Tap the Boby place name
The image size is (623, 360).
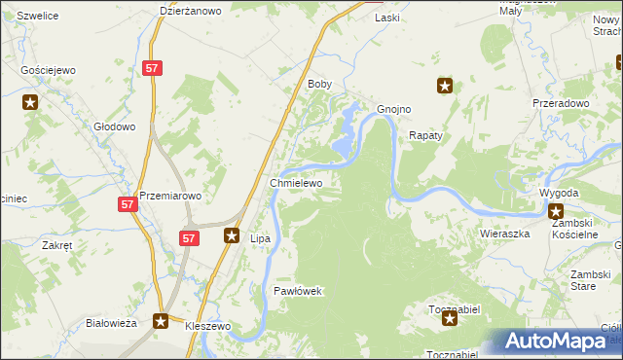click(x=320, y=85)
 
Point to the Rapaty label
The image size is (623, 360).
click(x=425, y=136)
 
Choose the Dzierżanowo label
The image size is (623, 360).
click(x=191, y=11)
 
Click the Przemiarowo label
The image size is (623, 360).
click(x=170, y=195)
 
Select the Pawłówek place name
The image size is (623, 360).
click(x=297, y=291)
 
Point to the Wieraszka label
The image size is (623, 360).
click(x=504, y=234)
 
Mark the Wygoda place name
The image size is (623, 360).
click(x=559, y=193)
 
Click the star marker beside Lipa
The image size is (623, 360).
click(x=233, y=234)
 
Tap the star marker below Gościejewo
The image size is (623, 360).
click(x=31, y=101)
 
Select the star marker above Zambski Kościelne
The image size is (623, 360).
click(x=556, y=211)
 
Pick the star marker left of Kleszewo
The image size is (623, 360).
click(x=161, y=320)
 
